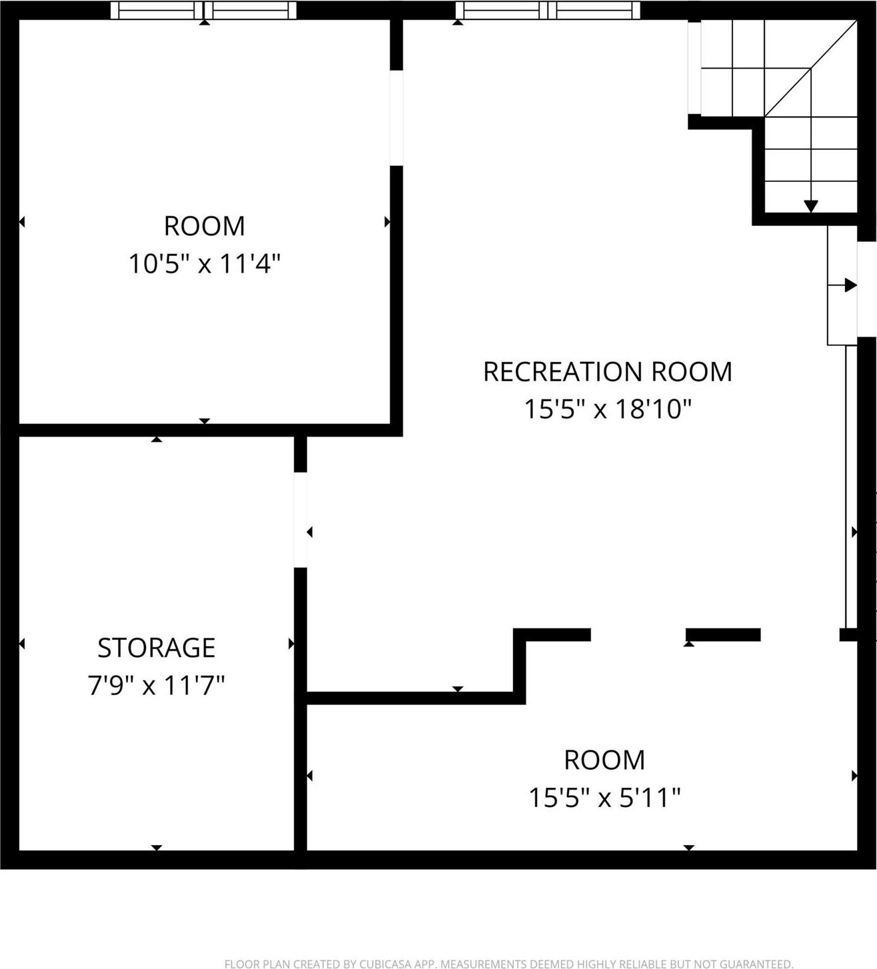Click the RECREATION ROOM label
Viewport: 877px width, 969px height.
click(x=607, y=371)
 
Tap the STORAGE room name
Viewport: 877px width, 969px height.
click(x=157, y=647)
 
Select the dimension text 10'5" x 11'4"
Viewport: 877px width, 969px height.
click(x=204, y=264)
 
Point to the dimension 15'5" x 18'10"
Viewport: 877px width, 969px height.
click(x=607, y=409)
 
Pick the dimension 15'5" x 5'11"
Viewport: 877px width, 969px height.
click(x=604, y=797)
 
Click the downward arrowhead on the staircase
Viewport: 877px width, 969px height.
click(x=810, y=206)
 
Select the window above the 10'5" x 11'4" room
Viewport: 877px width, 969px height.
click(x=203, y=10)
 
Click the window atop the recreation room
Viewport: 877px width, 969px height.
click(x=547, y=10)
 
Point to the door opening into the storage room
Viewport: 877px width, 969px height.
click(x=301, y=520)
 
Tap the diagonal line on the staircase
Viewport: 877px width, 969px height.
click(x=810, y=68)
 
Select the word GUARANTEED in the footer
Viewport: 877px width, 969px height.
click(x=754, y=964)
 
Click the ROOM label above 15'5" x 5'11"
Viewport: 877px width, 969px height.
click(x=604, y=760)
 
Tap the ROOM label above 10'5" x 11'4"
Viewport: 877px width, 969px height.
click(x=204, y=226)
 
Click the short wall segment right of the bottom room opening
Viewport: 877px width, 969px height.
click(x=723, y=634)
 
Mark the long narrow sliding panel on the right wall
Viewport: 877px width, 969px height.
click(x=850, y=486)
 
